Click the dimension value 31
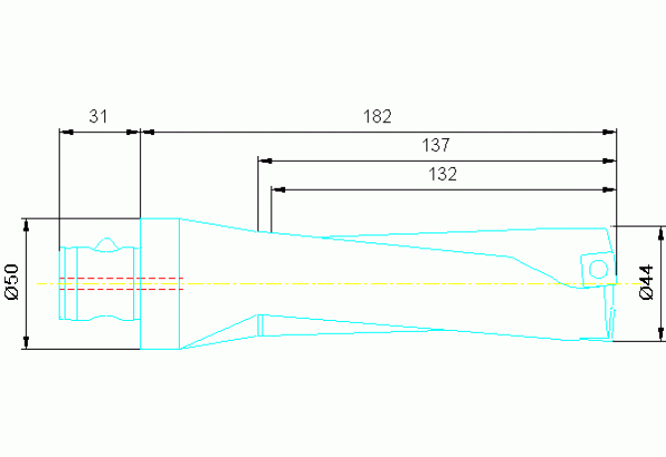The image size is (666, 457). pyautogui.click(x=96, y=116)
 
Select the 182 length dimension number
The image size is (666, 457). pyautogui.click(x=377, y=116)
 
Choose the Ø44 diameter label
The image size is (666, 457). pyautogui.click(x=646, y=282)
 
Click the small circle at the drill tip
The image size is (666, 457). pyautogui.click(x=597, y=269)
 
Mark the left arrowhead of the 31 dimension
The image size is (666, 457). pyautogui.click(x=64, y=131)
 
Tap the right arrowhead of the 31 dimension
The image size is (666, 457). pyautogui.click(x=135, y=131)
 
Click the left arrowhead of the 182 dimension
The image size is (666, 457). pyautogui.click(x=146, y=131)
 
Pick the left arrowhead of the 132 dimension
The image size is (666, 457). pyautogui.click(x=277, y=189)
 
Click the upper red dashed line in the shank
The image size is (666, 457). pyautogui.click(x=119, y=277)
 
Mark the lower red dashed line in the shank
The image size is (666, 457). pyautogui.click(x=119, y=289)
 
